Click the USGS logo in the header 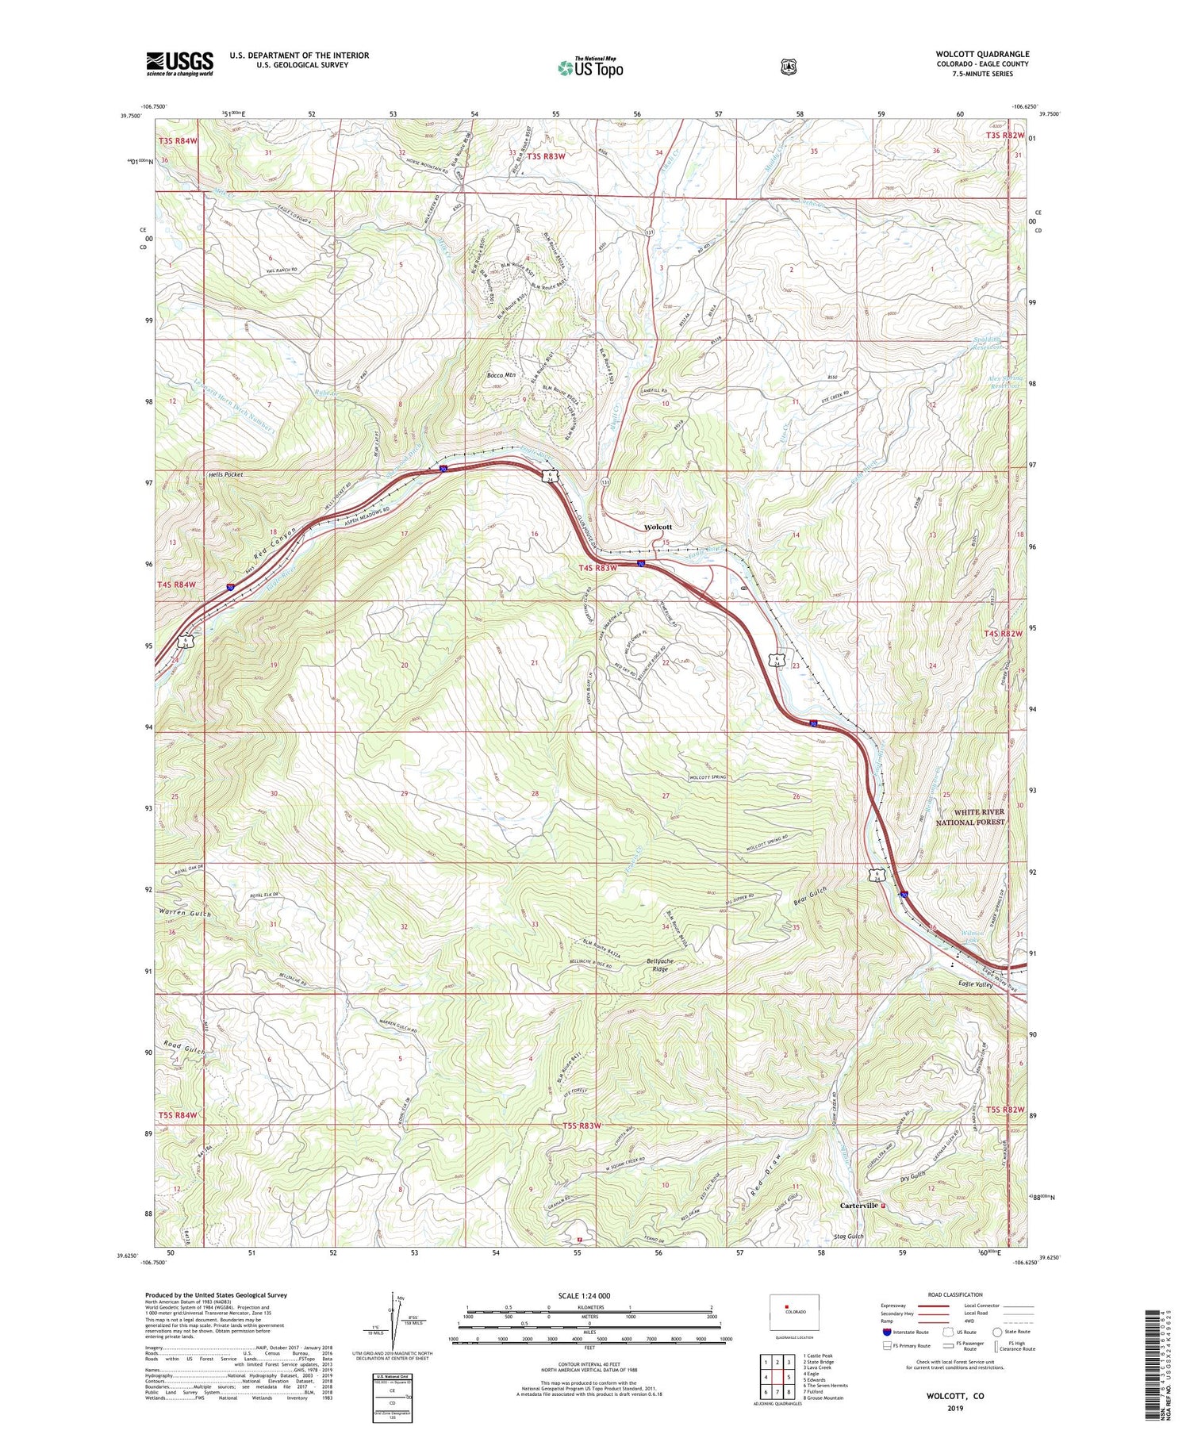(x=179, y=63)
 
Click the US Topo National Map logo (x=591, y=67)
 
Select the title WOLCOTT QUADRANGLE (x=982, y=54)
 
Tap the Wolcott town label (x=658, y=527)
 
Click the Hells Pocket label (x=226, y=474)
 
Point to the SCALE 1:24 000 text (x=590, y=1295)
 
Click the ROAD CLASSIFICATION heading (x=949, y=1294)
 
